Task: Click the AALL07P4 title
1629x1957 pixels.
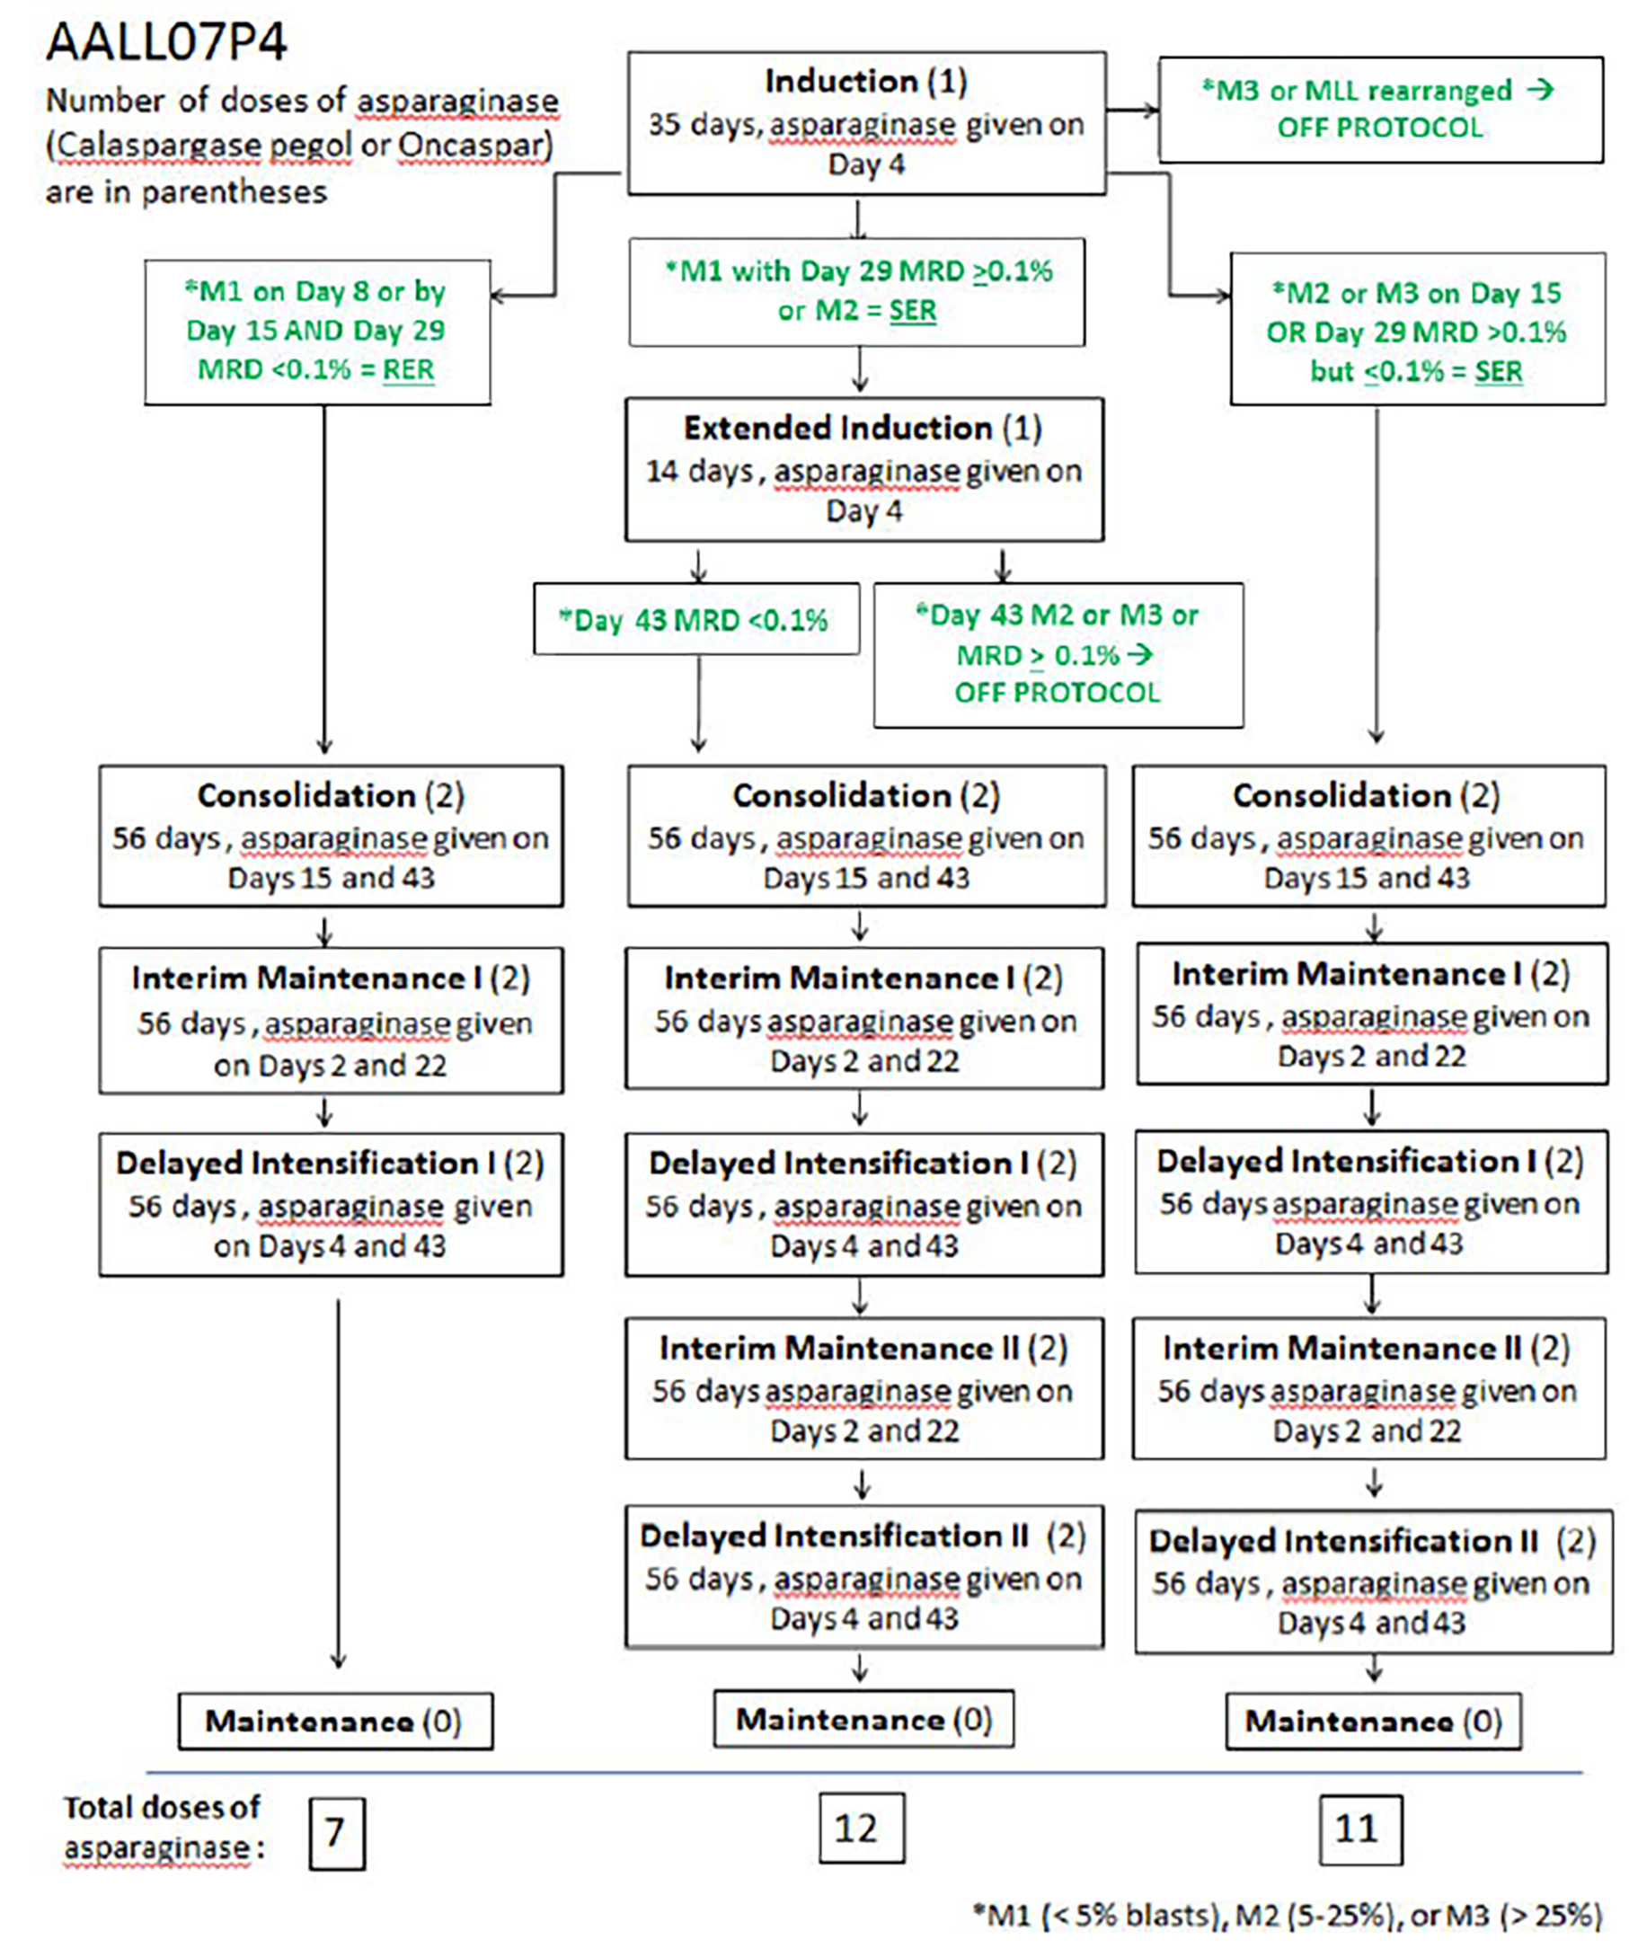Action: tap(167, 42)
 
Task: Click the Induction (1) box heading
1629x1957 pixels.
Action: tap(865, 82)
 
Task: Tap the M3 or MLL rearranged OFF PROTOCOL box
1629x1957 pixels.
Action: tap(1379, 109)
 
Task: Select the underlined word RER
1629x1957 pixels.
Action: tap(408, 370)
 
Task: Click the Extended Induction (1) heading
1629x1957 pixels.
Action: tap(863, 428)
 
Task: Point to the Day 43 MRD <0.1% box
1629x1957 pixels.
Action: tap(695, 620)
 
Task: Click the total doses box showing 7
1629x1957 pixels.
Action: tap(336, 1833)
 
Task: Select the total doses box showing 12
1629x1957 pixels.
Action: tap(860, 1829)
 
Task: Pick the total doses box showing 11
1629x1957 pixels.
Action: tap(1359, 1829)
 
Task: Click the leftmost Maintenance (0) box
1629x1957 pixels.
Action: tap(334, 1722)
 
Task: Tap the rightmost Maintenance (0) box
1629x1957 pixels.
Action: tap(1373, 1722)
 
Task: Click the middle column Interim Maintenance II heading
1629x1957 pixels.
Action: tap(863, 1349)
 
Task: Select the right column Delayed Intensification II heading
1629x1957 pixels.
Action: tap(1371, 1540)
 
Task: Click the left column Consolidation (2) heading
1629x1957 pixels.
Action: tap(330, 795)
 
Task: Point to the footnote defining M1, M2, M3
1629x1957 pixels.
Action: tap(1287, 1916)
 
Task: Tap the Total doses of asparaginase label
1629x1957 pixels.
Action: tap(164, 1828)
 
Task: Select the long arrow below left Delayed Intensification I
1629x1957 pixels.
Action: tap(338, 1482)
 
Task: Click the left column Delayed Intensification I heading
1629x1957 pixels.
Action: tap(330, 1163)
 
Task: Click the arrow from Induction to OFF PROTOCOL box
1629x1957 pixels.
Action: tap(1132, 110)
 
